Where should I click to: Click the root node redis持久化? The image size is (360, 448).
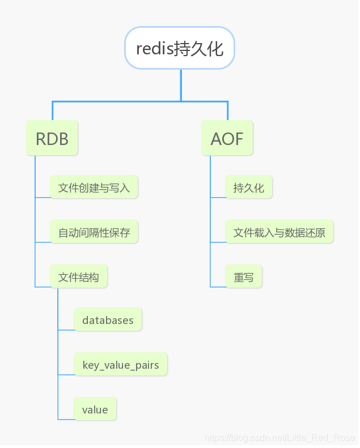pyautogui.click(x=180, y=48)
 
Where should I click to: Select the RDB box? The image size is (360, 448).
pyautogui.click(x=52, y=138)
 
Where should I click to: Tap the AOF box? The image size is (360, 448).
pyautogui.click(x=227, y=138)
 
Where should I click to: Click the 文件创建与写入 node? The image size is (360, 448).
pyautogui.click(x=94, y=187)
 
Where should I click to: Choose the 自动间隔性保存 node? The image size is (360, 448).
pyautogui.click(x=94, y=232)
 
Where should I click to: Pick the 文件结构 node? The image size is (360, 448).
pyautogui.click(x=78, y=277)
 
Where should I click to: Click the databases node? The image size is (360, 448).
pyautogui.click(x=108, y=320)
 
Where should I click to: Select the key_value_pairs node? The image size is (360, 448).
pyautogui.click(x=120, y=364)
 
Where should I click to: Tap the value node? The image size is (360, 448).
pyautogui.click(x=95, y=409)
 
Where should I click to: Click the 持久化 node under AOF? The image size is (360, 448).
pyautogui.click(x=248, y=187)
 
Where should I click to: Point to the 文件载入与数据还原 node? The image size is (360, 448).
pyautogui.click(x=279, y=232)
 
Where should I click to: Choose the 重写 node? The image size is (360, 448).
pyautogui.click(x=243, y=277)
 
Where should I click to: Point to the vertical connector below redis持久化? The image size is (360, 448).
pyautogui.click(x=181, y=85)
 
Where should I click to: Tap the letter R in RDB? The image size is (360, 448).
pyautogui.click(x=41, y=139)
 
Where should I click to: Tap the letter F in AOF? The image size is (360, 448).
pyautogui.click(x=238, y=139)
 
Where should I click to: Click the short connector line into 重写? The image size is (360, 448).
pyautogui.click(x=218, y=287)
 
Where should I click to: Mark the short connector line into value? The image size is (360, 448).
pyautogui.click(x=66, y=419)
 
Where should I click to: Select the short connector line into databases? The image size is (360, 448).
pyautogui.click(x=66, y=330)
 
